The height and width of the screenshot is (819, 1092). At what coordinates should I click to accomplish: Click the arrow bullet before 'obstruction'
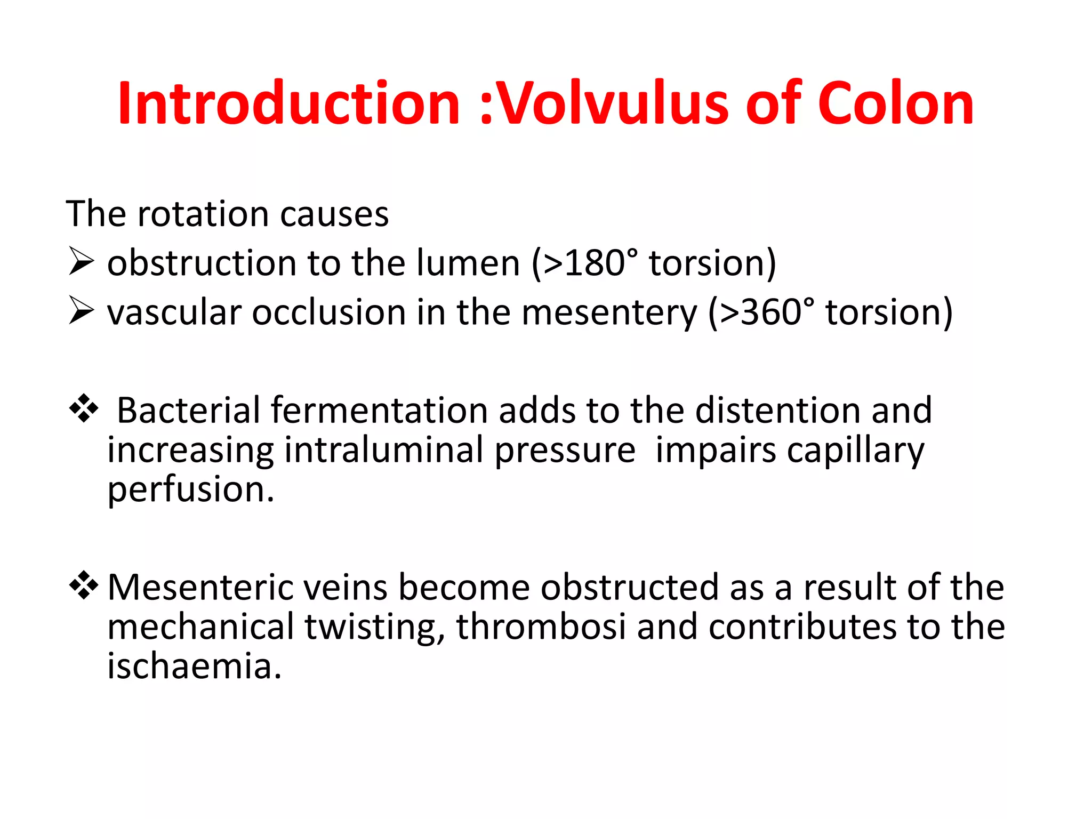81,262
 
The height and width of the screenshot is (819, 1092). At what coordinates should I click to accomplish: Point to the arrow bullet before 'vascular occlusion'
81,311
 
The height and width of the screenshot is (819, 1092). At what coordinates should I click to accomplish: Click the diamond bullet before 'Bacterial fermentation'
84,409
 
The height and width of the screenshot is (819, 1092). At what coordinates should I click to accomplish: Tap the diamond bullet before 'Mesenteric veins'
84,585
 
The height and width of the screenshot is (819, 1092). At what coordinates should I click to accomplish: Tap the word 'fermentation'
379,410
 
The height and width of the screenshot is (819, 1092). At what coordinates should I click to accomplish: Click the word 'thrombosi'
541,626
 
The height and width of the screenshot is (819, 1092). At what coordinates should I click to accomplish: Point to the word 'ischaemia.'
194,666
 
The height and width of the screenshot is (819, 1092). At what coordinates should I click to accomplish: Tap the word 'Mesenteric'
200,587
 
